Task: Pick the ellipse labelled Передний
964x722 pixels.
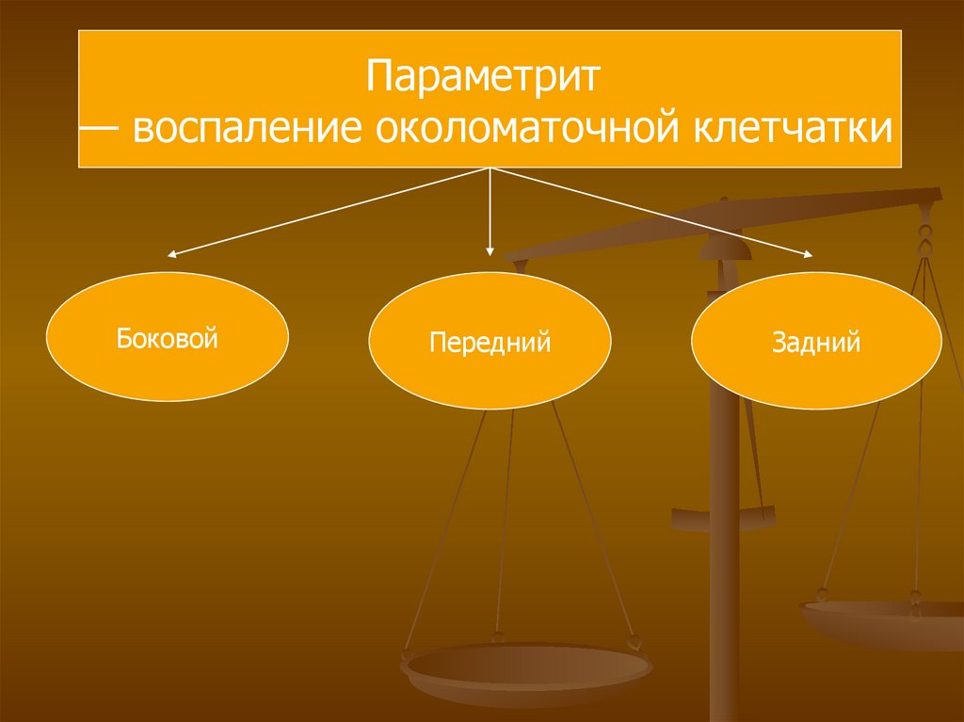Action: (490, 341)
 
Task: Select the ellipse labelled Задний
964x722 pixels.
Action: (816, 341)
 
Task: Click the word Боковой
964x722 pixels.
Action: (167, 337)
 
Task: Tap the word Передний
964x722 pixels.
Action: (490, 342)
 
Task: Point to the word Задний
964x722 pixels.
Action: (816, 343)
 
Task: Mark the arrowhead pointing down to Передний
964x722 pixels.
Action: (490, 251)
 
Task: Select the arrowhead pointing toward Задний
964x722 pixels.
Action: (810, 253)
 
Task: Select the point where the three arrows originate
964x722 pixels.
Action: (490, 169)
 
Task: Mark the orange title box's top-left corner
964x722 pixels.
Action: (79, 30)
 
